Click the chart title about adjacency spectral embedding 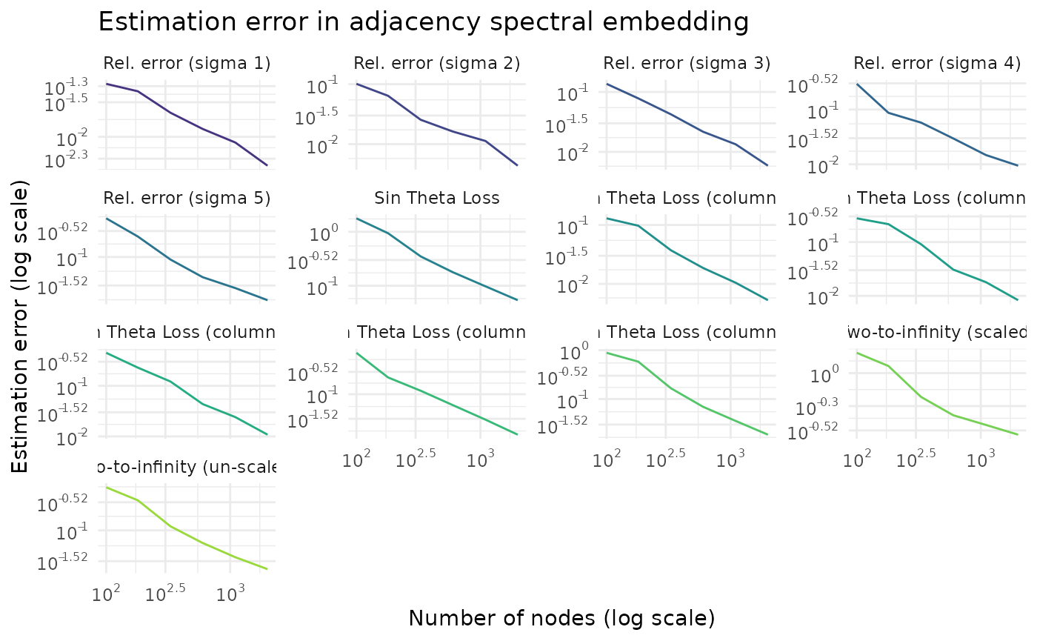coord(423,22)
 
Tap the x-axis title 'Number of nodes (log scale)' coord(561,618)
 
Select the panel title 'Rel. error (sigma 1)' coord(187,64)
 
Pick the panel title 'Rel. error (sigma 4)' coord(937,64)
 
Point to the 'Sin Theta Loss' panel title coord(437,198)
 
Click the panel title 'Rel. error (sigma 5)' coord(187,198)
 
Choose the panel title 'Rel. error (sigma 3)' coord(687,64)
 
